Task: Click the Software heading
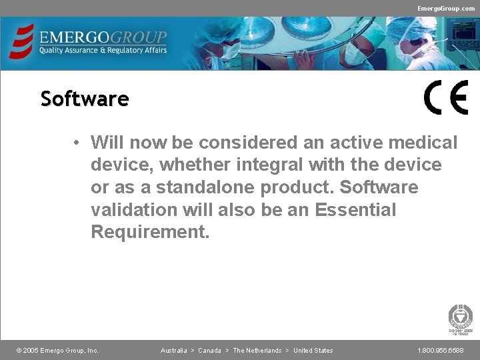(x=85, y=99)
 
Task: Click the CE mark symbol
(x=446, y=98)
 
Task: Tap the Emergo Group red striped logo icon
(x=21, y=41)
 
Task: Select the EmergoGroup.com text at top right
(x=446, y=8)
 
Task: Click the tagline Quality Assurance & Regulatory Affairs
(x=103, y=50)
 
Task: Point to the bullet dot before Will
(x=78, y=143)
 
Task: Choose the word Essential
(x=355, y=210)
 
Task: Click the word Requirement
(x=150, y=233)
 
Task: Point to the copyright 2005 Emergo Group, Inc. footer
(x=57, y=351)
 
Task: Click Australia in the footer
(x=174, y=351)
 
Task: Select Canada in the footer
(x=209, y=351)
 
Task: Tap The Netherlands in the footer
(x=257, y=351)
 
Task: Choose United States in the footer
(x=313, y=351)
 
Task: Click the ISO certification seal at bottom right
(x=461, y=317)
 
